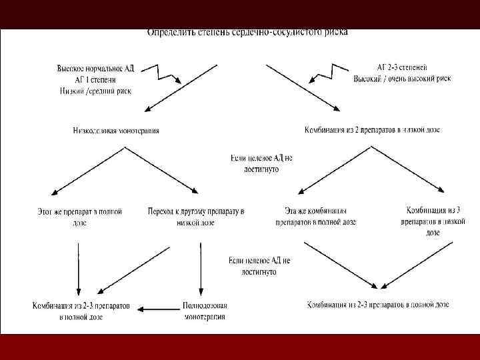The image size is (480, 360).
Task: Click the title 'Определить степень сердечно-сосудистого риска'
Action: [x=247, y=31]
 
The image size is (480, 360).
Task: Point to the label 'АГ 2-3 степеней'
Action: [x=401, y=68]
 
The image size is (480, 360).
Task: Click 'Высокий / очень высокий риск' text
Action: [x=402, y=79]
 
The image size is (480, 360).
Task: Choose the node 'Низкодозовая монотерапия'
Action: [x=116, y=131]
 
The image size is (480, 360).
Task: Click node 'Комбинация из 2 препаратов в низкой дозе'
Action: [x=371, y=129]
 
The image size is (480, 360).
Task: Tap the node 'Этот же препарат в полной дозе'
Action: [x=80, y=217]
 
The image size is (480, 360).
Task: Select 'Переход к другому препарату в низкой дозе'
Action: [x=196, y=217]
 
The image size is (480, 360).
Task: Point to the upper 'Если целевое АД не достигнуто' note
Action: [x=261, y=164]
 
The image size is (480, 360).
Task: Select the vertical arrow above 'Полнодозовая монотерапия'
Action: [x=199, y=267]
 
